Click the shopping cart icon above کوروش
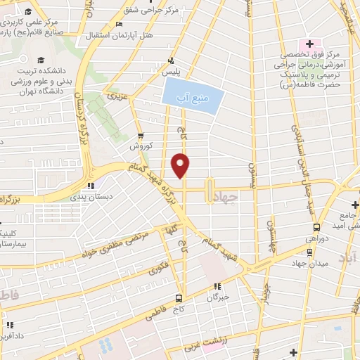click(141, 136)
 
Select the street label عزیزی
click(116, 94)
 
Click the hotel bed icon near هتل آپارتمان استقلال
click(119, 24)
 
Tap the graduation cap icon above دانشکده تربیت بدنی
click(41, 60)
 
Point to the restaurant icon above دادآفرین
click(10, 325)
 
